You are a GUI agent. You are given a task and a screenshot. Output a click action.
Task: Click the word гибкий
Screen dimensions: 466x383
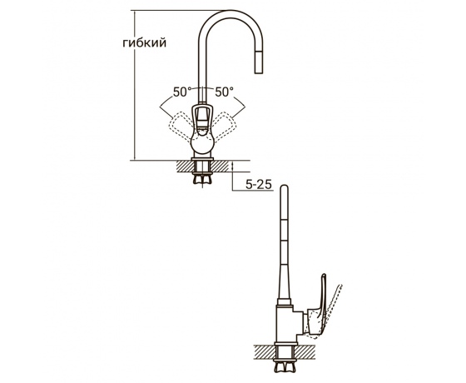pos(145,43)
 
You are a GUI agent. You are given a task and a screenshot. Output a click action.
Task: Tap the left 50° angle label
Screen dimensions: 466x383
pos(181,92)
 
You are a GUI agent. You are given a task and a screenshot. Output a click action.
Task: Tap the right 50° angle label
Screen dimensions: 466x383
pos(224,92)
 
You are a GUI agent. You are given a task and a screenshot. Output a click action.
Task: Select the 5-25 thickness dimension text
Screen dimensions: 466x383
pos(259,185)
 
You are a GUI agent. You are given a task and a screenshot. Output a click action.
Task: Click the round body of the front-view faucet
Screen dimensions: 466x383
pos(202,143)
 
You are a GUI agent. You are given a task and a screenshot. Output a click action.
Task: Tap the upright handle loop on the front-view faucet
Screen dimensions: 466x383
pos(202,116)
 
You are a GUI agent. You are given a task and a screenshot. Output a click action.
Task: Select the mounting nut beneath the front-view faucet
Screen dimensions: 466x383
pos(202,179)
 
